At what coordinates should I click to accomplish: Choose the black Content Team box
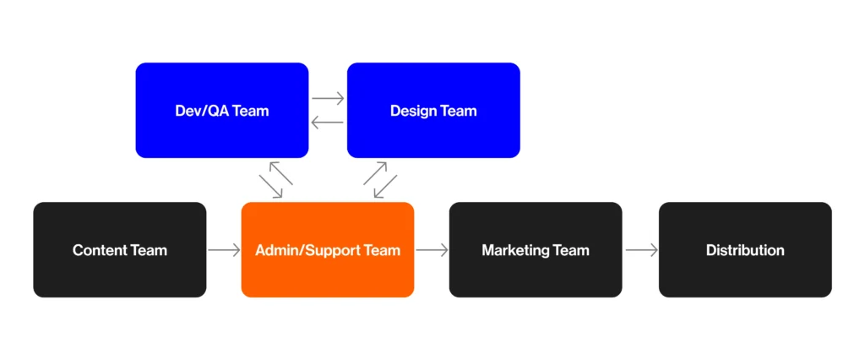119,272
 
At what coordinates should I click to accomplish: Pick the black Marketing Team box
536,272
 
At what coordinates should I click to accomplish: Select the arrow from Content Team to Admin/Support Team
224,250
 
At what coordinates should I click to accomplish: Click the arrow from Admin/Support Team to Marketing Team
432,250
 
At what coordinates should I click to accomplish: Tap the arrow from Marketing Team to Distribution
641,250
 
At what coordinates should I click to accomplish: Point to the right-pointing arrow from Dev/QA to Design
328,98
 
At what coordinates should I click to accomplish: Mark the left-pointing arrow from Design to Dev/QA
328,123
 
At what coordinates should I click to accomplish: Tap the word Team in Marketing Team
570,250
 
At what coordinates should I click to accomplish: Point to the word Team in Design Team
457,111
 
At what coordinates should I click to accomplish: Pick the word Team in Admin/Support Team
380,250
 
